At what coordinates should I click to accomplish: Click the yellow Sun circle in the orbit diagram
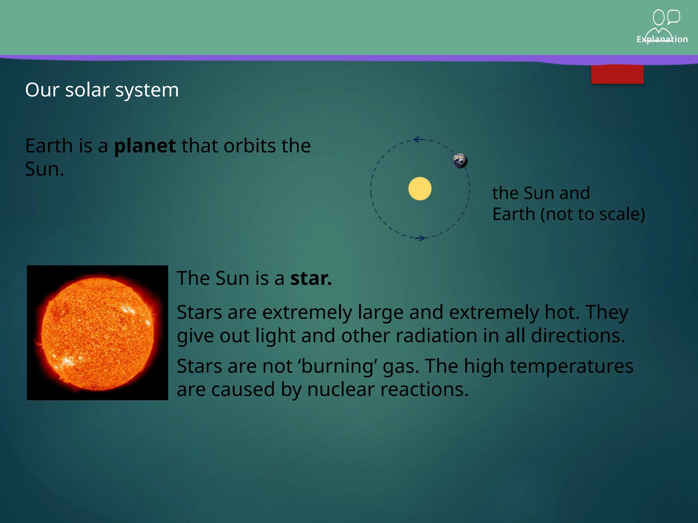point(420,189)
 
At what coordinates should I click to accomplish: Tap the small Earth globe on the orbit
point(460,161)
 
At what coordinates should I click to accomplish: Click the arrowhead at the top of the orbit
point(418,140)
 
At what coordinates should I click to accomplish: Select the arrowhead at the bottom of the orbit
point(422,238)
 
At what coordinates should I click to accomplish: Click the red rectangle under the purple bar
point(617,74)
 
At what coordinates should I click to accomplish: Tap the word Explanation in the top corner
point(662,39)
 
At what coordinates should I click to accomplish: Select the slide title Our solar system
point(102,90)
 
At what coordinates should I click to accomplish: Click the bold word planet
point(145,146)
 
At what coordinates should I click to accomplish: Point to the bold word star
point(310,278)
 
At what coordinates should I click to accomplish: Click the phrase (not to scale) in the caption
point(593,214)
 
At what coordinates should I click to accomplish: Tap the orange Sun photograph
point(97,332)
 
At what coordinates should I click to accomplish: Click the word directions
point(578,336)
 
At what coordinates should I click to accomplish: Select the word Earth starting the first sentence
point(49,146)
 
